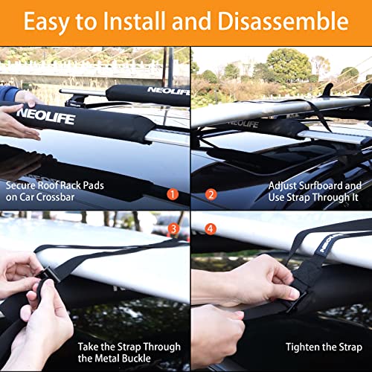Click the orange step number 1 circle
173,195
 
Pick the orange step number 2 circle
211,195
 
